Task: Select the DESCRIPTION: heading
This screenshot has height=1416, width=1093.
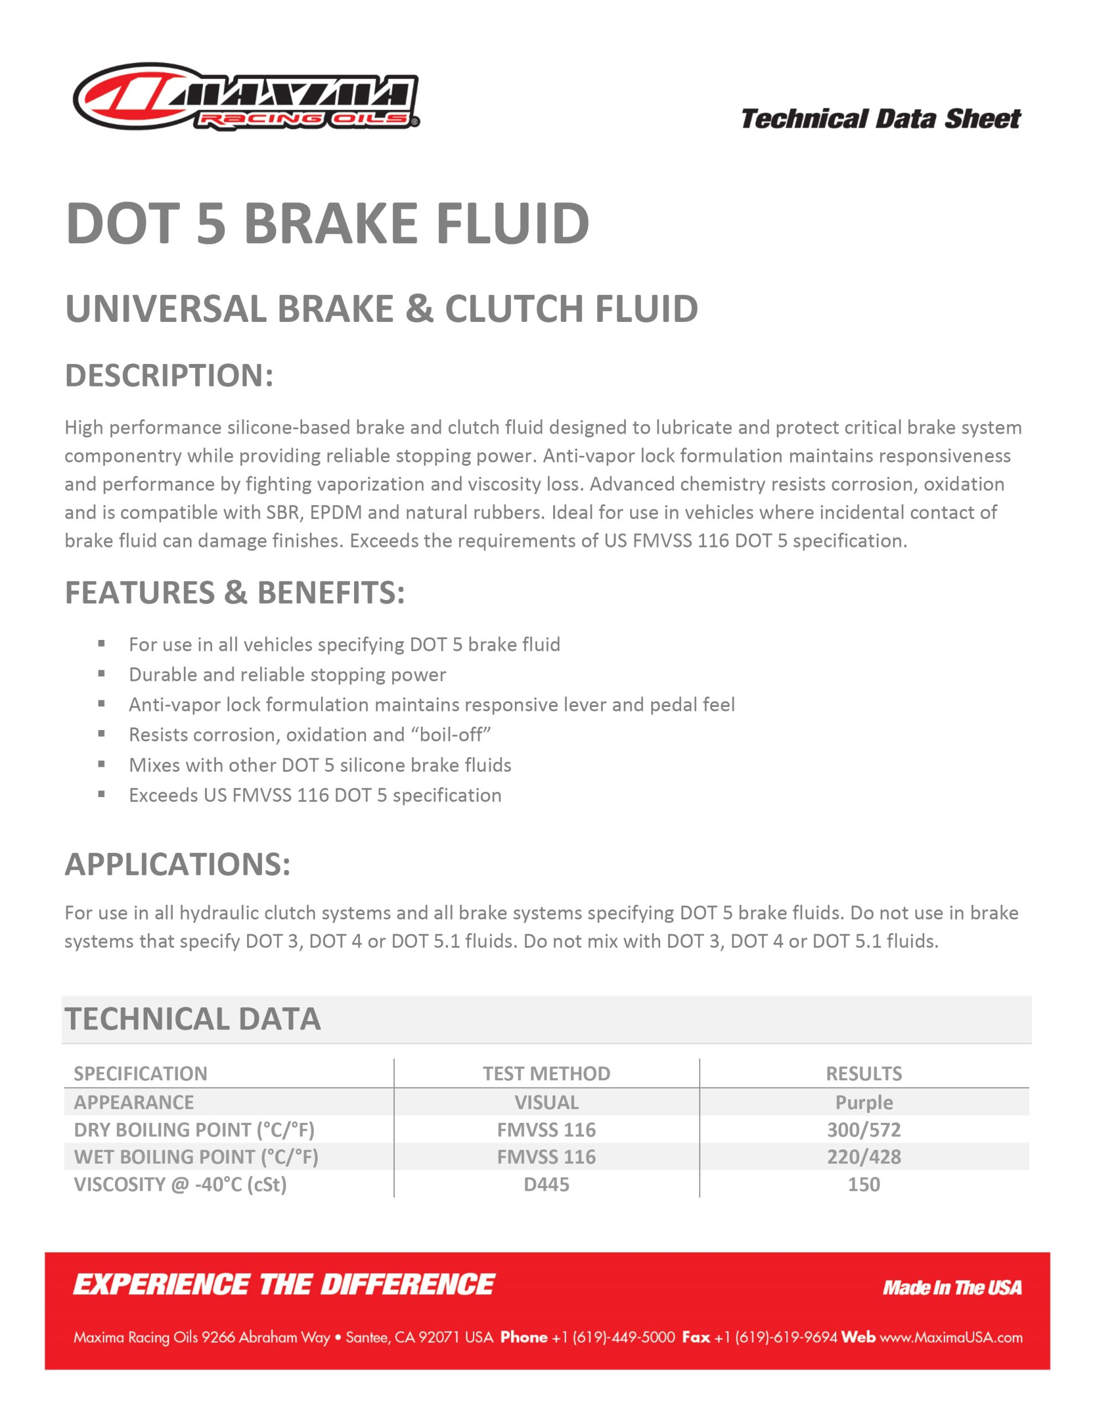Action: click(x=169, y=376)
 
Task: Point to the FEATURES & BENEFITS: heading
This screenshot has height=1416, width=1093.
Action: click(x=234, y=592)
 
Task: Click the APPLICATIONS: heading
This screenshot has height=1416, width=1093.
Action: click(x=177, y=864)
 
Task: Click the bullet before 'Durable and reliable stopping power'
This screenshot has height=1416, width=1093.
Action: click(x=102, y=674)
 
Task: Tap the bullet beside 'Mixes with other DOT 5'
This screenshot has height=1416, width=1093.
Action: click(x=102, y=764)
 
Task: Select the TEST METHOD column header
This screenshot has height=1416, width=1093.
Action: click(x=546, y=1074)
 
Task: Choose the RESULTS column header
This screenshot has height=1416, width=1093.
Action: click(x=864, y=1074)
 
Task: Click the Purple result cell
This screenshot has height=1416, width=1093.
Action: click(x=864, y=1102)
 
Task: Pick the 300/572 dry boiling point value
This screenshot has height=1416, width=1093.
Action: click(x=864, y=1130)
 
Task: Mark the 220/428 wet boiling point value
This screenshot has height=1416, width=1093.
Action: click(x=864, y=1157)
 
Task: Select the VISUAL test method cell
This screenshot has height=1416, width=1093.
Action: click(x=546, y=1102)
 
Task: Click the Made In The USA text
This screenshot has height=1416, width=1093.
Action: click(x=952, y=1288)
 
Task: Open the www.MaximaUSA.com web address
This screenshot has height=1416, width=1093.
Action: click(x=951, y=1337)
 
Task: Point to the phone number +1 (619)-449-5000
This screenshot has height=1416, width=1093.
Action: click(x=613, y=1337)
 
